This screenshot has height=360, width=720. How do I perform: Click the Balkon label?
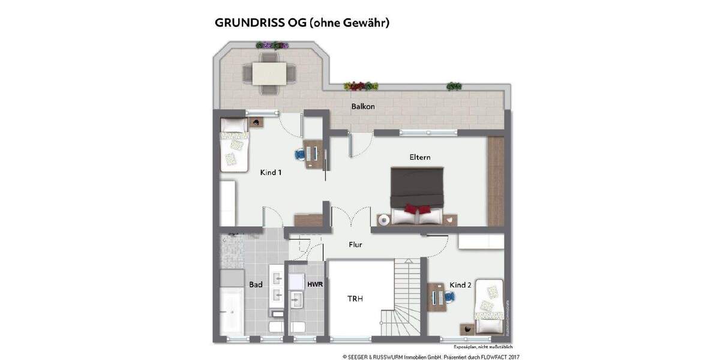pyautogui.click(x=363, y=107)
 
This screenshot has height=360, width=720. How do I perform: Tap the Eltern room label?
pyautogui.click(x=420, y=157)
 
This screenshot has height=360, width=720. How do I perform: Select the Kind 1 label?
pyautogui.click(x=271, y=173)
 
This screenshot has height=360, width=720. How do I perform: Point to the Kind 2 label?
pyautogui.click(x=460, y=285)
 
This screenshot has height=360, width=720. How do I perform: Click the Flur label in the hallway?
pyautogui.click(x=356, y=245)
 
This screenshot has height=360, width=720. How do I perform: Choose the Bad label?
pyautogui.click(x=256, y=284)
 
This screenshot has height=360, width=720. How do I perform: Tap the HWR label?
pyautogui.click(x=315, y=284)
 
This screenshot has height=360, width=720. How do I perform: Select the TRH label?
pyautogui.click(x=355, y=298)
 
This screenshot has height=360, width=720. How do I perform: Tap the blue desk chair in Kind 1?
pyautogui.click(x=299, y=154)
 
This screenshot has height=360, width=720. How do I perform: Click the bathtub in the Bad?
pyautogui.click(x=230, y=308)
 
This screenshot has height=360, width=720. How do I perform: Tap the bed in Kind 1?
pyautogui.click(x=233, y=144)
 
